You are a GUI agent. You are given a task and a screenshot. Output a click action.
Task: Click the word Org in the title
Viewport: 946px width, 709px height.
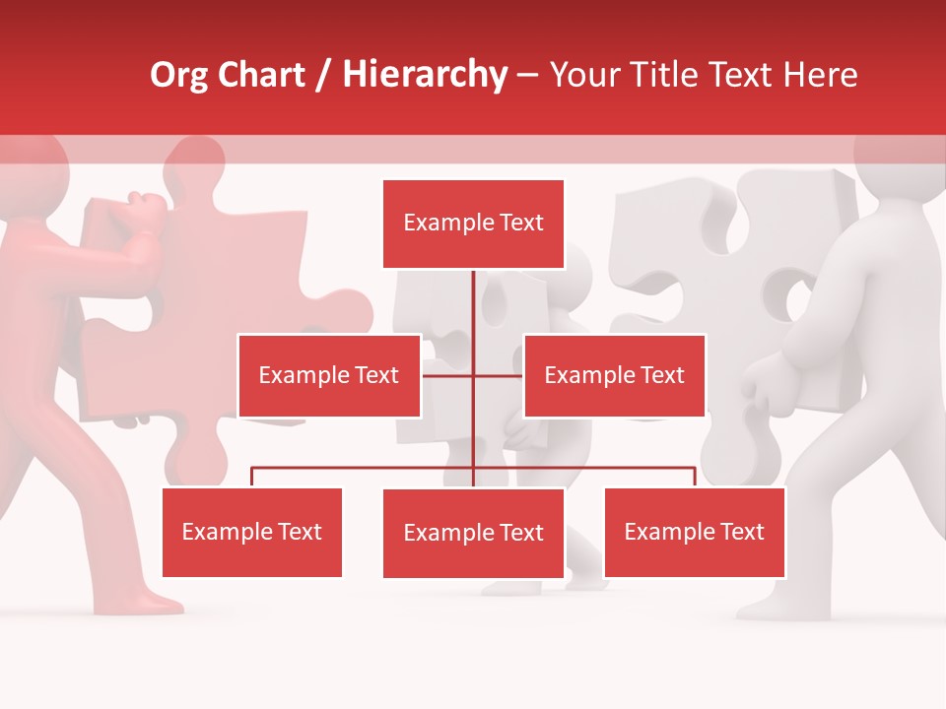click(179, 75)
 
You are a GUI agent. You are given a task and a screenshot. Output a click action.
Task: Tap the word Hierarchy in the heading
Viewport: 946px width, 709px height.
click(425, 75)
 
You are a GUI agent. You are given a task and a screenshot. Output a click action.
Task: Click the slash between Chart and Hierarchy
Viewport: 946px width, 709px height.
click(323, 76)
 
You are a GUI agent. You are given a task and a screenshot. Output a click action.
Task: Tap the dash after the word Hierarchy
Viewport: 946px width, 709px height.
click(527, 77)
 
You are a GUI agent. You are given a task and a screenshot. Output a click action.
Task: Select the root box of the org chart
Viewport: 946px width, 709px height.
click(473, 224)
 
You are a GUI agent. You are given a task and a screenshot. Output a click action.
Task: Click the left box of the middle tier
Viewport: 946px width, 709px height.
click(328, 375)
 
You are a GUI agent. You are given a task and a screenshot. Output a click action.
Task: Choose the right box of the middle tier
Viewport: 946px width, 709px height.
click(614, 375)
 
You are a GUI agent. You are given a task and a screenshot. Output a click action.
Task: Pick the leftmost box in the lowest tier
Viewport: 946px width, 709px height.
click(251, 532)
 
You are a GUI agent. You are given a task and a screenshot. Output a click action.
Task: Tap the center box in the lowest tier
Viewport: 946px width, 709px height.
click(473, 533)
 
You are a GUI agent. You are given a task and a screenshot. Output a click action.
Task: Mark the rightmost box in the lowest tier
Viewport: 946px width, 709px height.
click(694, 532)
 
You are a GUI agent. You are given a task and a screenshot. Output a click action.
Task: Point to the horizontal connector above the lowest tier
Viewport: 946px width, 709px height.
click(365, 469)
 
